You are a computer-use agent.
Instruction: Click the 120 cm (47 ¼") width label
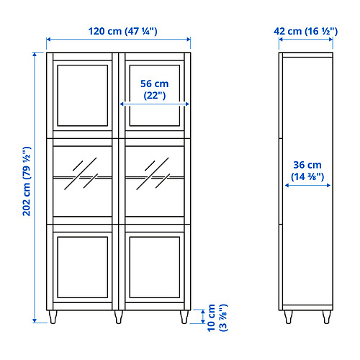(119, 31)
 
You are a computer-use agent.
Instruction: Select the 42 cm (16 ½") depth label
(305, 31)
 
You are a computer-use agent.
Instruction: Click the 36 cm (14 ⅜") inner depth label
(307, 169)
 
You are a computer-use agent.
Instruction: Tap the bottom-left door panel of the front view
(84, 267)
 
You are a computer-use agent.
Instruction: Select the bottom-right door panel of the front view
(155, 267)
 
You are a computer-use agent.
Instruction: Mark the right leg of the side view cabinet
(327, 316)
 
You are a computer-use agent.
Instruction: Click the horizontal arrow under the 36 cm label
(307, 185)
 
